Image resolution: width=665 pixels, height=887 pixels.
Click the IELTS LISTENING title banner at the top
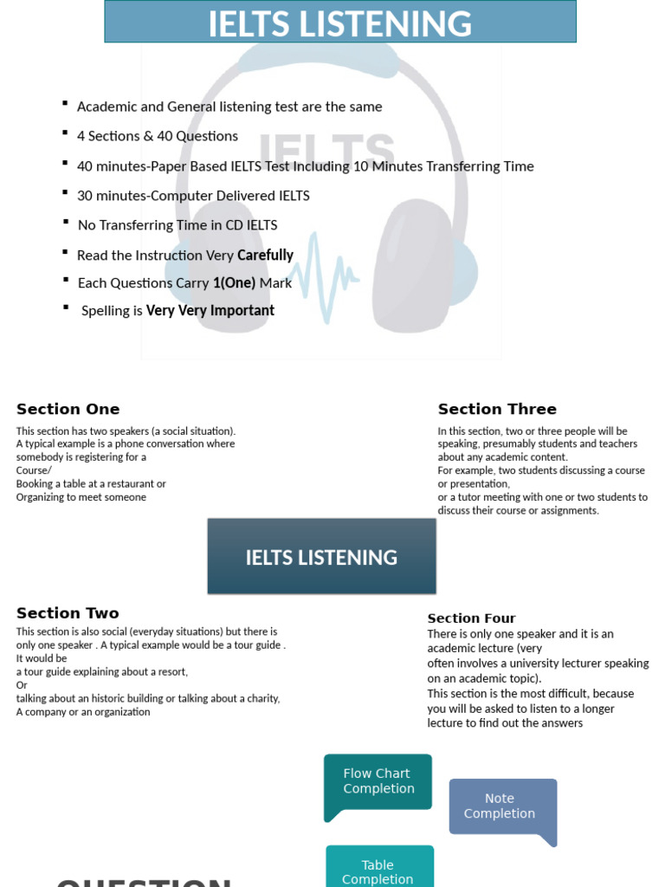pyautogui.click(x=339, y=23)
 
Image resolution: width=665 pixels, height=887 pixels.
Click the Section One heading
pyautogui.click(x=68, y=409)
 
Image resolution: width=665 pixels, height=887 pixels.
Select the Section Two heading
pyautogui.click(x=68, y=613)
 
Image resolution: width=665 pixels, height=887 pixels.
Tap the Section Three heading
pyautogui.click(x=497, y=409)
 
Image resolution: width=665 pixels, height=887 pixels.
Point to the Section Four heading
pyautogui.click(x=471, y=618)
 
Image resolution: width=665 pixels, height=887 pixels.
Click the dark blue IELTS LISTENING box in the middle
pyautogui.click(x=321, y=557)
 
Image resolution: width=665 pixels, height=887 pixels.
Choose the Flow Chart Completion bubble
pyautogui.click(x=378, y=781)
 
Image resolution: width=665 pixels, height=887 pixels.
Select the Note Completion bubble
pyautogui.click(x=500, y=806)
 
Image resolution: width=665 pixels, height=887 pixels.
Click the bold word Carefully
pyautogui.click(x=265, y=256)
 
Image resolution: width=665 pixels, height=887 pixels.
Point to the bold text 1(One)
pyautogui.click(x=234, y=283)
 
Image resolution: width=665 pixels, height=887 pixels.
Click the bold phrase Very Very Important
pyautogui.click(x=210, y=311)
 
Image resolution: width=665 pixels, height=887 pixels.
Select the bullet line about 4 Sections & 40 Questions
pyautogui.click(x=158, y=136)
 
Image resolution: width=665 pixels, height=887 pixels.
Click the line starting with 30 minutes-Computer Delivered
pyautogui.click(x=193, y=196)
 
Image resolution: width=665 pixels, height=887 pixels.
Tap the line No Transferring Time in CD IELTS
pyautogui.click(x=178, y=225)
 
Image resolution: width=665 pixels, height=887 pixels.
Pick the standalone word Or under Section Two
pyautogui.click(x=22, y=685)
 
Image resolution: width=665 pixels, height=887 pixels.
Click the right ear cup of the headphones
pyautogui.click(x=412, y=264)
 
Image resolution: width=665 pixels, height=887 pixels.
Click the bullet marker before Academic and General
pyautogui.click(x=65, y=104)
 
